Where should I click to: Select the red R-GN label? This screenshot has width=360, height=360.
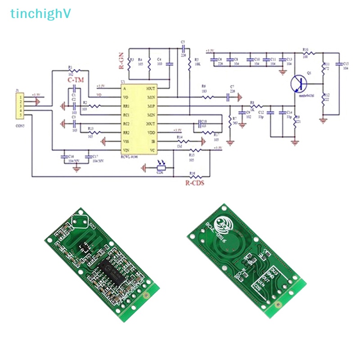(x=121, y=60)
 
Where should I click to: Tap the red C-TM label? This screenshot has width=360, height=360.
(x=76, y=80)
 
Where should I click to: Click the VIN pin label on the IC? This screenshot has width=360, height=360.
(x=127, y=149)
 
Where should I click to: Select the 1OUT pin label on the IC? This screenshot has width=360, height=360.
(x=151, y=89)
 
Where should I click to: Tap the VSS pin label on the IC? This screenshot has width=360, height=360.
(x=127, y=141)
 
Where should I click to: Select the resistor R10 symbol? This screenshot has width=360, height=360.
(x=306, y=53)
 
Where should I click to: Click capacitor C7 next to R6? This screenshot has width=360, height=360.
(x=232, y=95)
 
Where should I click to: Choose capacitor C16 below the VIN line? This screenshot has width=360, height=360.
(x=64, y=157)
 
